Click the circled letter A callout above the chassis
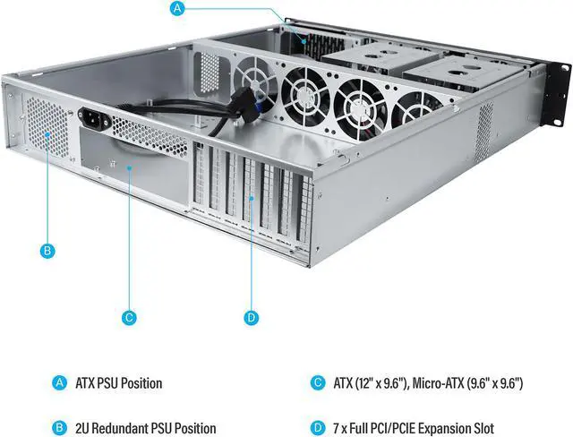point(177,8)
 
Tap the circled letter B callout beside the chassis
point(47,251)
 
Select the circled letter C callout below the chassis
point(129,317)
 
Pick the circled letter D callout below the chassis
point(251,317)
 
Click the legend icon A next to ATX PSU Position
point(60,383)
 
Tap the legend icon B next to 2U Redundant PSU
point(60,428)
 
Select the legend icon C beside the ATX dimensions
point(318,383)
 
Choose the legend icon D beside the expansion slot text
point(318,428)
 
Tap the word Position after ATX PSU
point(141,383)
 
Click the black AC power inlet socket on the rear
point(94,117)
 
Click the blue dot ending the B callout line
point(47,135)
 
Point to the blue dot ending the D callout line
point(251,198)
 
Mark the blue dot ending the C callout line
point(129,167)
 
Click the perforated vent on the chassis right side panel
point(483,133)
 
